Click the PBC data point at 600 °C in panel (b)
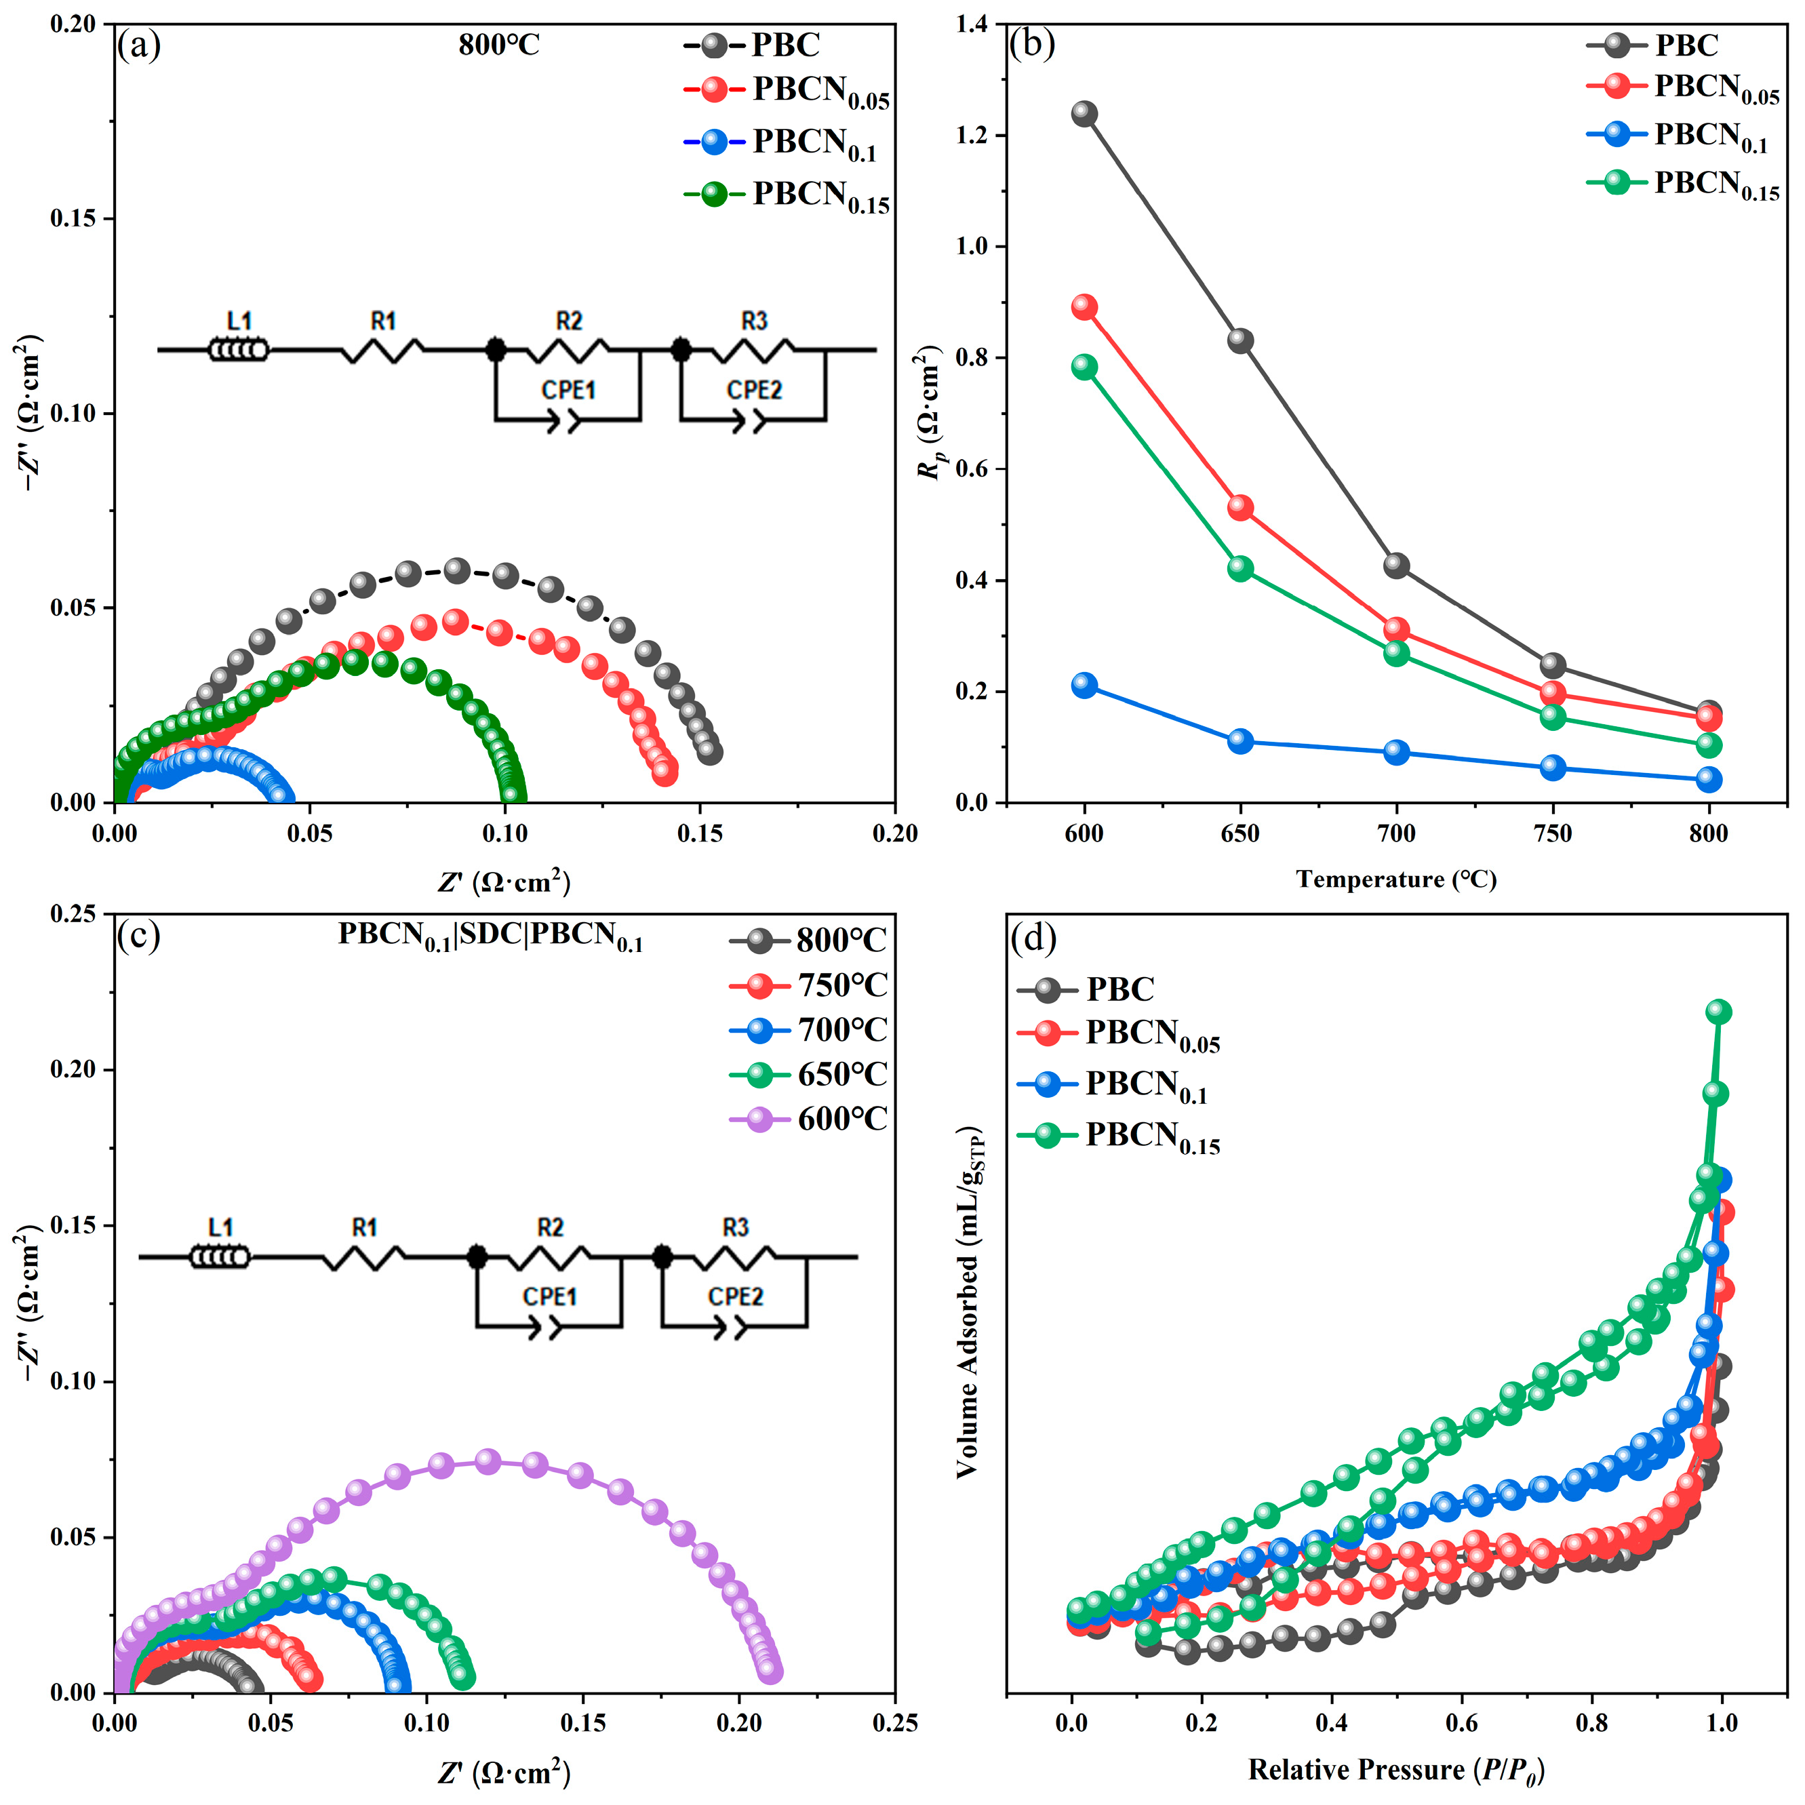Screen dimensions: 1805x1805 click(x=1084, y=114)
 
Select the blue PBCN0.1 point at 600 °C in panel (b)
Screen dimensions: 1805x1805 click(x=1084, y=685)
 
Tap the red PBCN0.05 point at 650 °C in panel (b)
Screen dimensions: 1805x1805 click(x=1239, y=507)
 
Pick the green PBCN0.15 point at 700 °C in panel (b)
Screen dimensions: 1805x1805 click(x=1396, y=653)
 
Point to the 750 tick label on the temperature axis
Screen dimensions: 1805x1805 click(x=1552, y=833)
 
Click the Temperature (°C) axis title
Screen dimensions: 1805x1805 click(x=1396, y=879)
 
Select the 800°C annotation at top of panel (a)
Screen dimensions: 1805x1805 click(x=499, y=45)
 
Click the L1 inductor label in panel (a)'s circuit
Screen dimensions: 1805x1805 click(x=240, y=321)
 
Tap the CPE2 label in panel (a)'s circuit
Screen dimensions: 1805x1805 click(x=754, y=390)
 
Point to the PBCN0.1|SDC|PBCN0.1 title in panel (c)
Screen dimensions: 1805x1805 click(x=490, y=936)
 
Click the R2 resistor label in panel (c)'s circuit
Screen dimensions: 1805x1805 click(x=551, y=1227)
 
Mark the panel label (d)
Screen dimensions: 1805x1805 click(x=1033, y=938)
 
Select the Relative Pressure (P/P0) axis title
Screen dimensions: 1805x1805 click(x=1396, y=1770)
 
